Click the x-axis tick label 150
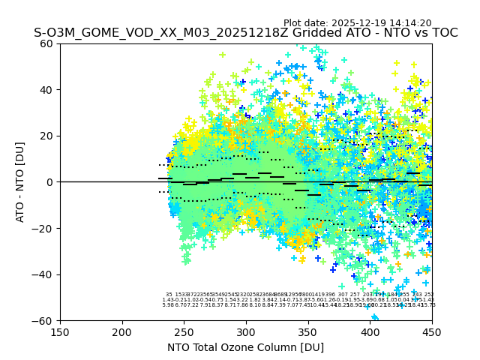click(60, 331)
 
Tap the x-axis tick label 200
click(122, 331)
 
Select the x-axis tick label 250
click(184, 331)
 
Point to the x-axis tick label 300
click(246, 331)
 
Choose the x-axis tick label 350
click(308, 331)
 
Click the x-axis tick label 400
click(370, 331)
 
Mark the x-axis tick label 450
click(432, 331)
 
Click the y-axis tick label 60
click(46, 43)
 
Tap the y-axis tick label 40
click(46, 90)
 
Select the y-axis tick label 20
click(46, 136)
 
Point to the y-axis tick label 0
click(49, 182)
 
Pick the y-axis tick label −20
click(43, 228)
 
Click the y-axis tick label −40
click(43, 274)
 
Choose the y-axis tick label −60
click(43, 320)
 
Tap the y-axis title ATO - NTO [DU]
click(20, 182)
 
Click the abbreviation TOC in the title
click(442, 34)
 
